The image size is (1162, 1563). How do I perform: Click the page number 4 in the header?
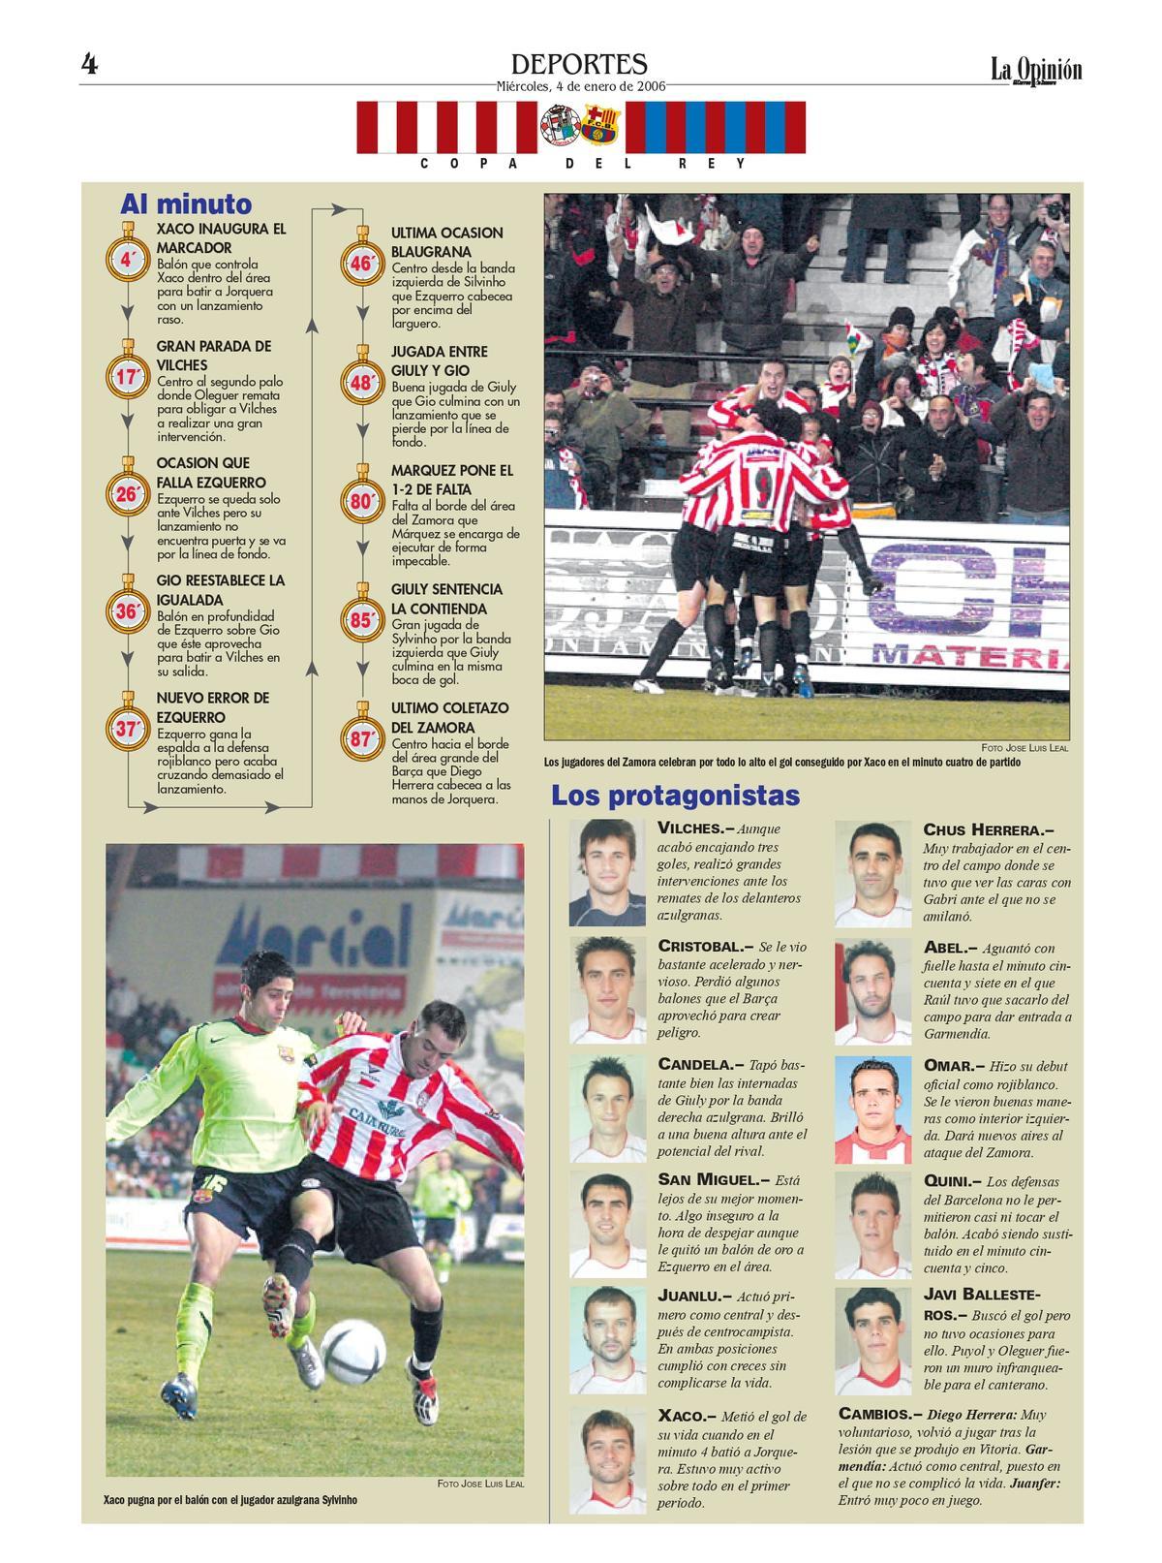[90, 65]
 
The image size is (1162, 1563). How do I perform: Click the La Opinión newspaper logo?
[1035, 71]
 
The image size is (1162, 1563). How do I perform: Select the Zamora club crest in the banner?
[559, 124]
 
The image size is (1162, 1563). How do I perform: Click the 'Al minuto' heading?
[185, 204]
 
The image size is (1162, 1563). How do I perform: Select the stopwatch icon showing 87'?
[361, 738]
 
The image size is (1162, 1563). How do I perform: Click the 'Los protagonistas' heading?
[675, 796]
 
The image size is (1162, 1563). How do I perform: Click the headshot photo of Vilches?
[607, 873]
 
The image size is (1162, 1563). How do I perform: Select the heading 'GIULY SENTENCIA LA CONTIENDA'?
[446, 599]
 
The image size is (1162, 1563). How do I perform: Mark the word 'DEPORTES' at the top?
[579, 64]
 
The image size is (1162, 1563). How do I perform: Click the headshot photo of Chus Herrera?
[873, 873]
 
